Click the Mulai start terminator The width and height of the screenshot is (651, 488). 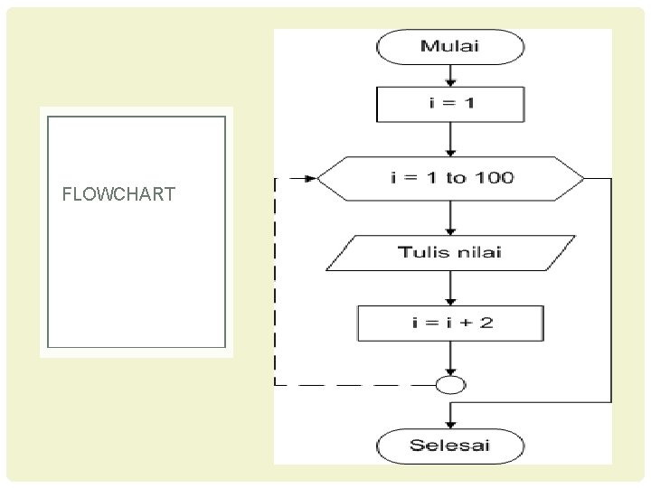click(x=450, y=47)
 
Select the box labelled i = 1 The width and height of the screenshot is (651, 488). click(x=450, y=103)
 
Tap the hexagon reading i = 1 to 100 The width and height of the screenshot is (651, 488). click(x=452, y=178)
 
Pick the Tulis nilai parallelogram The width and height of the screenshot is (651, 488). click(x=450, y=252)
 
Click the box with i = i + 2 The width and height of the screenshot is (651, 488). click(x=450, y=323)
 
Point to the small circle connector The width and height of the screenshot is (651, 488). click(x=450, y=385)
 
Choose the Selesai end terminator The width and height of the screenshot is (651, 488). click(x=450, y=445)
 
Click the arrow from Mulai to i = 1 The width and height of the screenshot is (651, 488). click(x=450, y=74)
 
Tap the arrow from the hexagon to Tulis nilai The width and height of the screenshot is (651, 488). click(x=450, y=216)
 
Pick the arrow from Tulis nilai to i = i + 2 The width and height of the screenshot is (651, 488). click(x=450, y=287)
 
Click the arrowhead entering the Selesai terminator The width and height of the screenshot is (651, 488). click(x=450, y=424)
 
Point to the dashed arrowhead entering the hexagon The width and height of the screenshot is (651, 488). click(x=310, y=179)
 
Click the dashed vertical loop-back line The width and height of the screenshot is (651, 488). click(x=276, y=280)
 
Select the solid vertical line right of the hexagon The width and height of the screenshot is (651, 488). click(x=612, y=289)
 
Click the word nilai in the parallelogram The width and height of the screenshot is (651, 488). click(x=478, y=252)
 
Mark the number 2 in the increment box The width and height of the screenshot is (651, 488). click(x=487, y=323)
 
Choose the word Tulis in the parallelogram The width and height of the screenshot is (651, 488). click(x=421, y=252)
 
